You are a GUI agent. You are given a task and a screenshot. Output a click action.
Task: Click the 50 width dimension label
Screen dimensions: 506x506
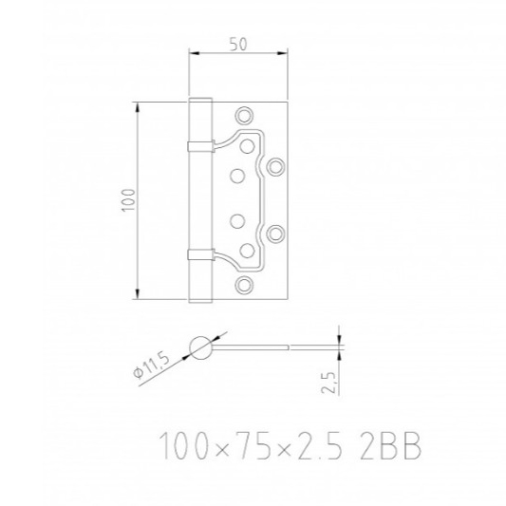(238, 45)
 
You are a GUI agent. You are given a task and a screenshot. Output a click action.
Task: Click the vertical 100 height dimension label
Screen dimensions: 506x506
(128, 200)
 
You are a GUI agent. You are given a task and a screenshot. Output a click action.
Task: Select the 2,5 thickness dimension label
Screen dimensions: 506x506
(328, 383)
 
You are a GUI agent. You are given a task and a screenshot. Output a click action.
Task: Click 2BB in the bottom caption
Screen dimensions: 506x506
(390, 446)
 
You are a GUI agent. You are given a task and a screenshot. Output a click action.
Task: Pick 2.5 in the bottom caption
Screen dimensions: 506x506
(320, 446)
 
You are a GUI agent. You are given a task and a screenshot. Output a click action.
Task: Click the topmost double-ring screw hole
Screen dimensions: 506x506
(244, 115)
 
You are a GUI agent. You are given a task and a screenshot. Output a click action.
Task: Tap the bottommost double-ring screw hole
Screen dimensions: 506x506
(244, 285)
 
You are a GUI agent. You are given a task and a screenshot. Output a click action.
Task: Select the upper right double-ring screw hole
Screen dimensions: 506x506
(275, 167)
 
